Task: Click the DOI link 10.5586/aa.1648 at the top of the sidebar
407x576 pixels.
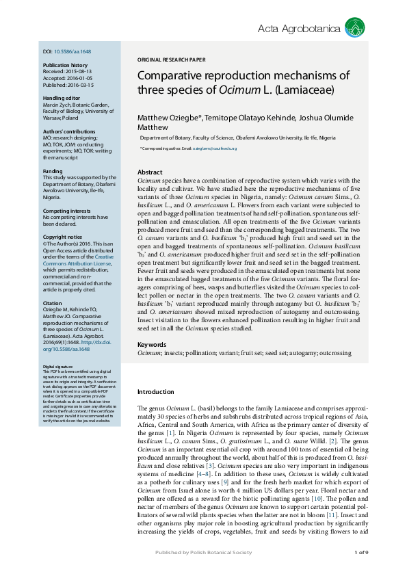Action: coord(73,52)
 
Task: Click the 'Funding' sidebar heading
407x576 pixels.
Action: coord(53,171)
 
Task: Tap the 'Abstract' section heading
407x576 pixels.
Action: coord(150,172)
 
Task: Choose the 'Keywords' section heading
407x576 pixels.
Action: coord(152,345)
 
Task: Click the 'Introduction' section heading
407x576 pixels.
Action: coord(157,392)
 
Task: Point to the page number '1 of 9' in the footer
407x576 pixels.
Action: coord(361,552)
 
